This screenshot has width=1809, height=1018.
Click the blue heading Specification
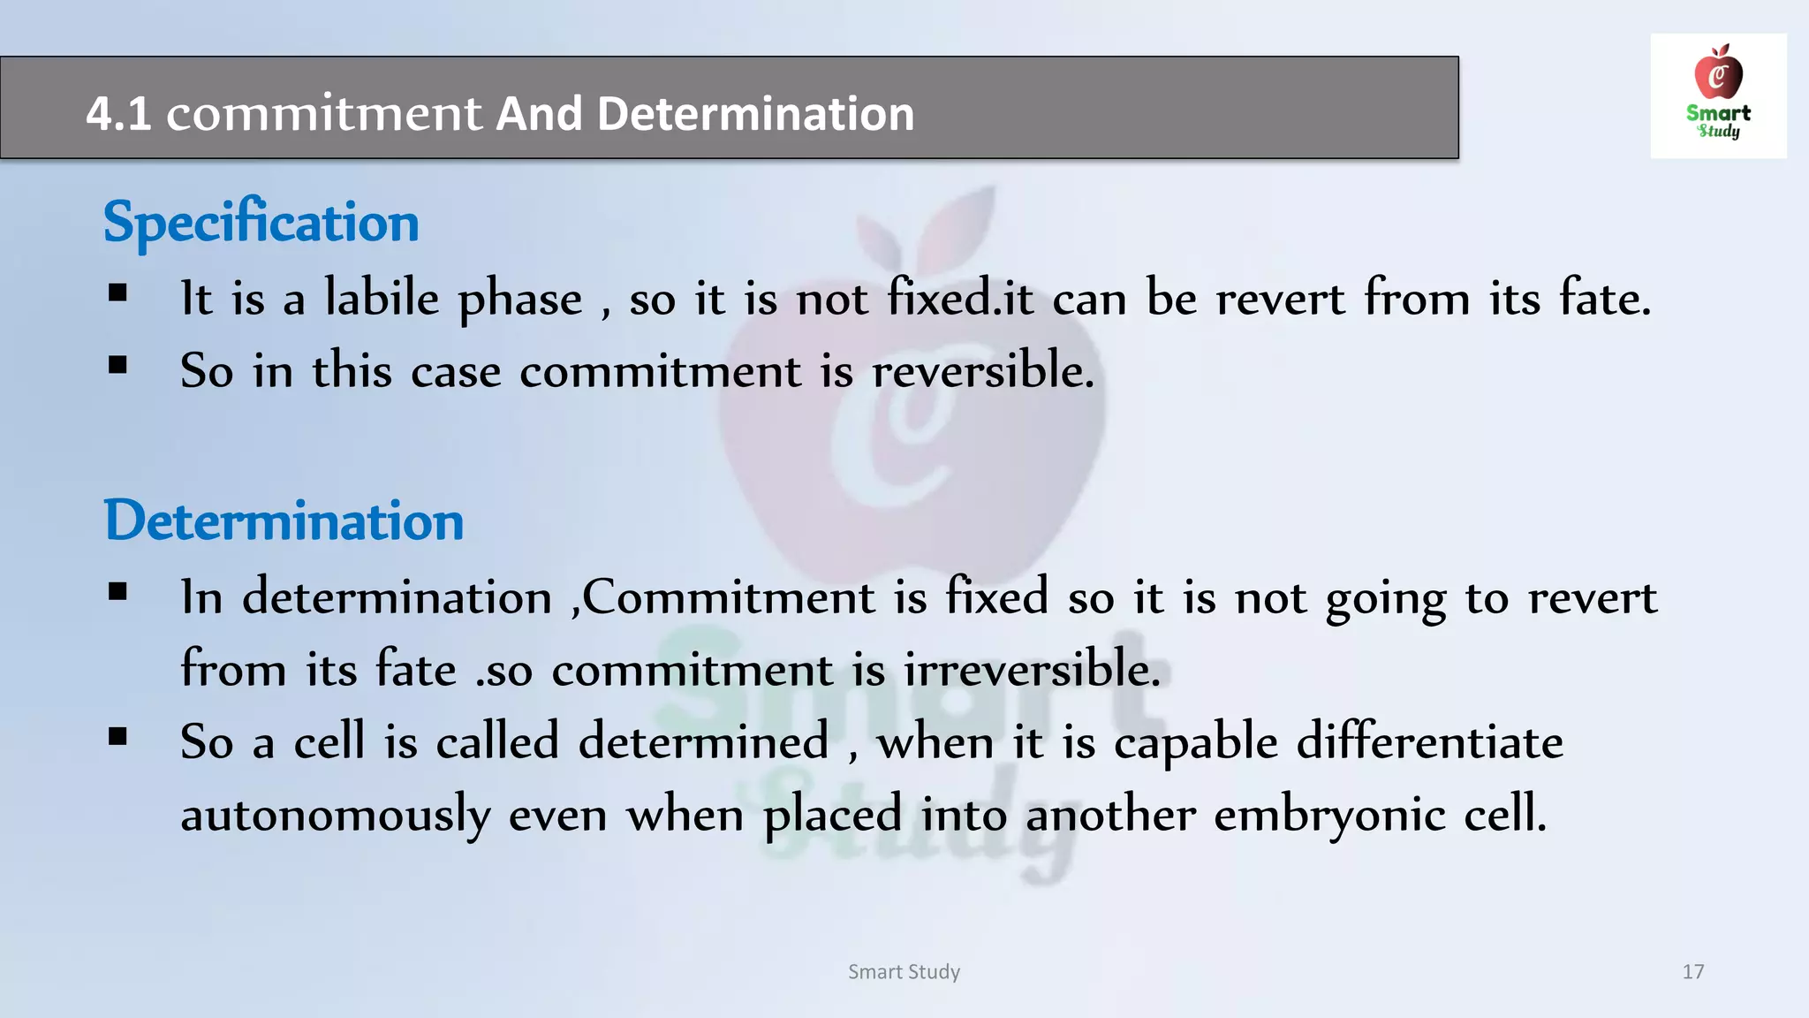[x=261, y=222]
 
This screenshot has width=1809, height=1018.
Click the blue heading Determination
[x=284, y=520]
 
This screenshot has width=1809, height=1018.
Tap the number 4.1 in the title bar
[x=118, y=114]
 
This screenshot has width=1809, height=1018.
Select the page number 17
[x=1692, y=972]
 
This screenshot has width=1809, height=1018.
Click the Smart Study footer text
[x=904, y=972]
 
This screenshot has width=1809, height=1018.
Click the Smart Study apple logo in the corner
[x=1718, y=95]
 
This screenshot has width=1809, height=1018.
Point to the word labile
[x=382, y=298]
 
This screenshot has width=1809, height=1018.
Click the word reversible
[x=982, y=370]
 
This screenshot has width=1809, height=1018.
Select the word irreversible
[x=1031, y=669]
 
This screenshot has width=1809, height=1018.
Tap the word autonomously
[x=335, y=814]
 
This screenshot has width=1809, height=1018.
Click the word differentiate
[x=1429, y=741]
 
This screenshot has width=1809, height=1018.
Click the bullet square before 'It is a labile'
[x=118, y=293]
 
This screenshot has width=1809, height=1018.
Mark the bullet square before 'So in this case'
[x=118, y=365]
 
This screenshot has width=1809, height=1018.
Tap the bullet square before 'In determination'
[x=118, y=592]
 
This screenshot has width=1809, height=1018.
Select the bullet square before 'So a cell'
[x=118, y=736]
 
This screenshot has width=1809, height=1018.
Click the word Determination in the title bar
[x=755, y=114]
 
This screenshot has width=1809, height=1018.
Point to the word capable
[x=1195, y=743]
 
